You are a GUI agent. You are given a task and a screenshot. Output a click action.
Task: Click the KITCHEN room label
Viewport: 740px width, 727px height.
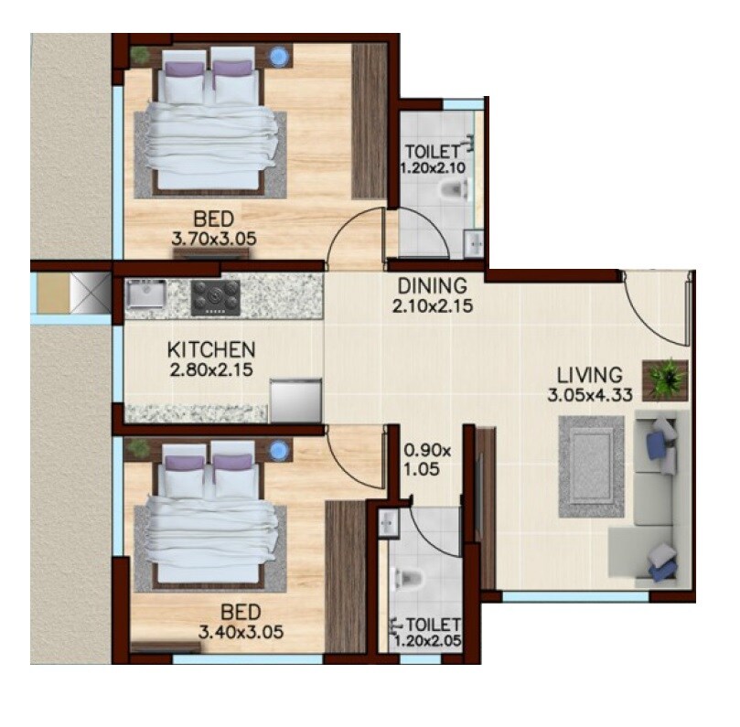pyautogui.click(x=210, y=350)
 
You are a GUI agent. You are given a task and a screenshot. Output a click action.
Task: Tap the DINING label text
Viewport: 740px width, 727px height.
pyautogui.click(x=431, y=286)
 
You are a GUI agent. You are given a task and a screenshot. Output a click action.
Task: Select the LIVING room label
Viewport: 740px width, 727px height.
pyautogui.click(x=591, y=375)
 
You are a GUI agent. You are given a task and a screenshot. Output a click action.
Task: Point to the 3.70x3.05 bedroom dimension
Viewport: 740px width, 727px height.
pyautogui.click(x=213, y=239)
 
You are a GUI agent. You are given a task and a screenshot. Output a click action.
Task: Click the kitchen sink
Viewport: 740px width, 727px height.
pyautogui.click(x=145, y=294)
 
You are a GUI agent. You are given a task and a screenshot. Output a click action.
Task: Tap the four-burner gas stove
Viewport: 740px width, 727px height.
pyautogui.click(x=215, y=297)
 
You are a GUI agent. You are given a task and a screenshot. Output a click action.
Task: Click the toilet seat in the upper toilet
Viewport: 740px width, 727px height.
pyautogui.click(x=453, y=190)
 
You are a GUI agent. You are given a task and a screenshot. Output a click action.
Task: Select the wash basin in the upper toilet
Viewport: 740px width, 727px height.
pyautogui.click(x=473, y=243)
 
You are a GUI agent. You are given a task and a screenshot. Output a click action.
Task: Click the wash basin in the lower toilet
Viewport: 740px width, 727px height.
pyautogui.click(x=388, y=523)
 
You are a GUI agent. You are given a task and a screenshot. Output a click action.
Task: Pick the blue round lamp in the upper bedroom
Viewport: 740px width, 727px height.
pyautogui.click(x=280, y=58)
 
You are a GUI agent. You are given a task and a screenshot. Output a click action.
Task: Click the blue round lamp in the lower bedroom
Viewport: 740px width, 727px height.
pyautogui.click(x=280, y=450)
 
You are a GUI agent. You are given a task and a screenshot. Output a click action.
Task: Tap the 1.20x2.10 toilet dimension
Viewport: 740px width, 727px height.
pyautogui.click(x=433, y=168)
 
